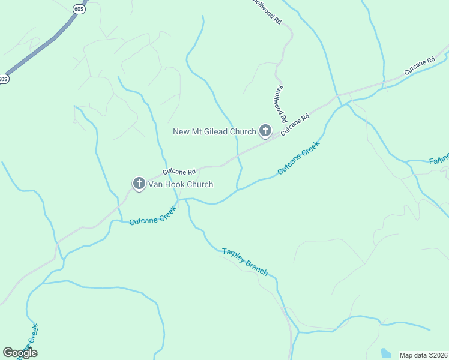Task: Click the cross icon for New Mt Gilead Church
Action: [x=265, y=130]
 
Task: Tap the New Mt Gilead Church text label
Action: [x=214, y=131]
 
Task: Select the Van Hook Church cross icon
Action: [x=139, y=184]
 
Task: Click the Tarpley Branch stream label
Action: [x=245, y=262]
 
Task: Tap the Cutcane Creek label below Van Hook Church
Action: [x=153, y=216]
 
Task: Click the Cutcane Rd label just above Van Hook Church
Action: [x=179, y=172]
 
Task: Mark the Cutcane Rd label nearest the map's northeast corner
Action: [x=419, y=67]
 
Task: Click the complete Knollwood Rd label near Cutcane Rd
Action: [x=280, y=104]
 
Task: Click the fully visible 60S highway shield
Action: [x=79, y=9]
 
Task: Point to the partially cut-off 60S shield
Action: [x=4, y=79]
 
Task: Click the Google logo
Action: [x=20, y=353]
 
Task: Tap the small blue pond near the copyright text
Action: [x=386, y=353]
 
